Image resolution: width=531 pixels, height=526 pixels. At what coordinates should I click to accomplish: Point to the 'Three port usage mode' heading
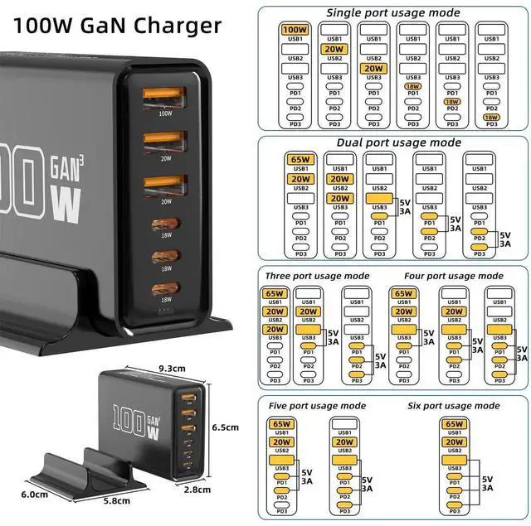(x=317, y=276)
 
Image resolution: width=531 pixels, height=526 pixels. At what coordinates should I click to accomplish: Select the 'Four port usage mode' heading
(x=453, y=276)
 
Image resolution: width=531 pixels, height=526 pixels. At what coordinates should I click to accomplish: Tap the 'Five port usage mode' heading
(x=316, y=406)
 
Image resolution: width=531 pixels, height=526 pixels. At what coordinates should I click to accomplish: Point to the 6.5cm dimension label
(x=226, y=427)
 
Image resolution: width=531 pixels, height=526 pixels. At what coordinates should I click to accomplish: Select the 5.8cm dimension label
(x=116, y=500)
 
